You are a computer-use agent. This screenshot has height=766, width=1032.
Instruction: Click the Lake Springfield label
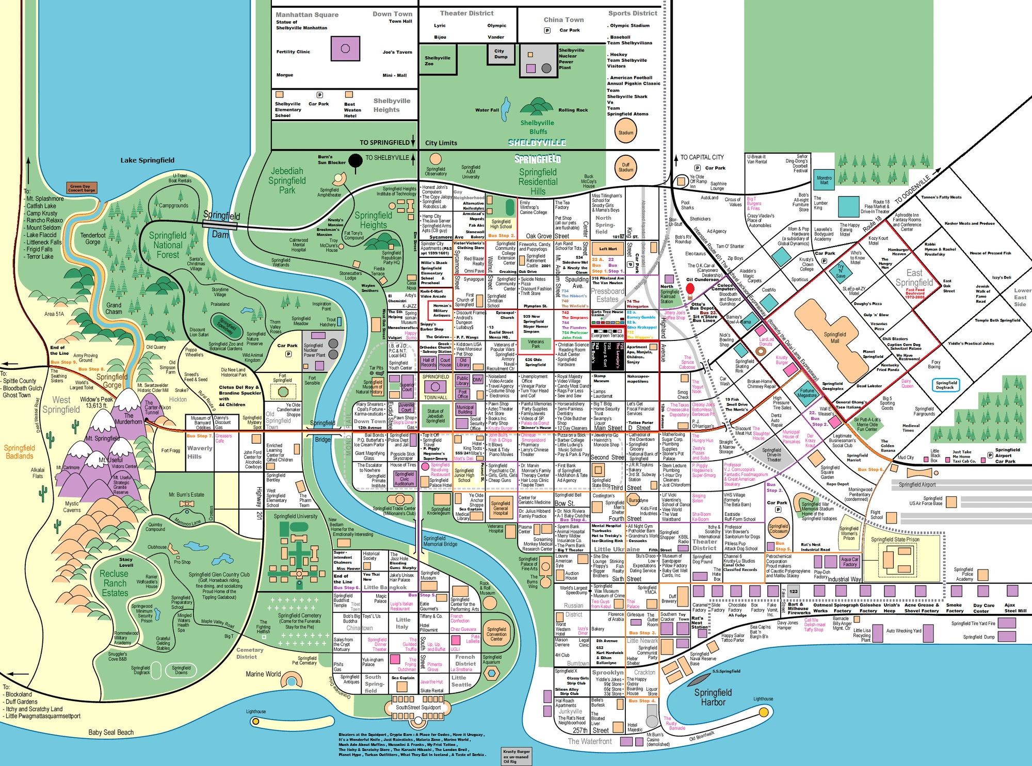(x=148, y=160)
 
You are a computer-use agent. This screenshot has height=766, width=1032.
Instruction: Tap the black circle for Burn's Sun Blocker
(x=356, y=160)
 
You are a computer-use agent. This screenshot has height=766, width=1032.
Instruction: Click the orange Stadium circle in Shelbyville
(x=625, y=133)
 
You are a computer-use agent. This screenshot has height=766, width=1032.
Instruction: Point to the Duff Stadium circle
(x=625, y=168)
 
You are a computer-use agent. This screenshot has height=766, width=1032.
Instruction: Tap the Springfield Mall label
(x=834, y=337)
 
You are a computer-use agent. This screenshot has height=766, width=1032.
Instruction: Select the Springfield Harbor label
(x=713, y=697)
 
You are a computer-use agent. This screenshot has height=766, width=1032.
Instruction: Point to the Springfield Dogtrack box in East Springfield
(x=946, y=385)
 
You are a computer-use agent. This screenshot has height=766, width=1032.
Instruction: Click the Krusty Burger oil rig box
(x=516, y=756)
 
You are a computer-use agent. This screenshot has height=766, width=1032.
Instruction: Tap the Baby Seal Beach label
(x=111, y=732)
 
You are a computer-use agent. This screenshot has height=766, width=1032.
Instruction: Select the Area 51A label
(x=54, y=314)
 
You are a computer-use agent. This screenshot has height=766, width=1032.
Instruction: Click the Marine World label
(x=263, y=674)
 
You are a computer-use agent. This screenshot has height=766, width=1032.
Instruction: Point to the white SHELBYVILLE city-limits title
(x=537, y=143)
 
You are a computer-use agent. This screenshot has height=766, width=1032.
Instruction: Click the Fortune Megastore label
(x=807, y=393)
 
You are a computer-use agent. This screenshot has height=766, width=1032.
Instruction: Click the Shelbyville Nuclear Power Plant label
(x=571, y=59)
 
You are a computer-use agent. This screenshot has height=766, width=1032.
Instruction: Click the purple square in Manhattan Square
(x=345, y=49)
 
